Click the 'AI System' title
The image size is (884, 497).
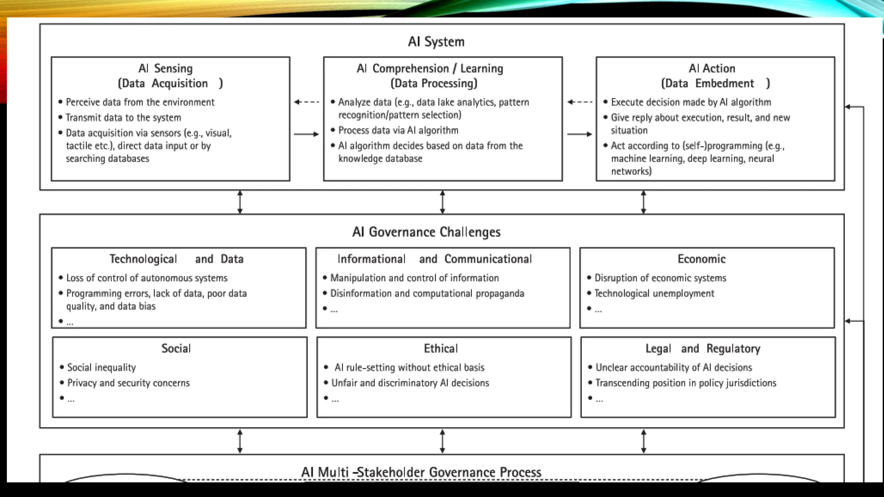[436, 42]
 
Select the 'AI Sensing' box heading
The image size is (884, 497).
[166, 69]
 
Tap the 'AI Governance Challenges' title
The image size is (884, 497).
[426, 232]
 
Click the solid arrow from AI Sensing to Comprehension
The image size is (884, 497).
[306, 134]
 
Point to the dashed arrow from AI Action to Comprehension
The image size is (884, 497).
[579, 102]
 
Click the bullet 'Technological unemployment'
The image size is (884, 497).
[654, 293]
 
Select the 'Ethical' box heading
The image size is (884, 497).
[441, 349]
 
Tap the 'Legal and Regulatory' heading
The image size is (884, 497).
[703, 349]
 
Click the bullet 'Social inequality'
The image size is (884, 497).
[101, 368]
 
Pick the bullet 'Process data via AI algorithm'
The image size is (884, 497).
[398, 130]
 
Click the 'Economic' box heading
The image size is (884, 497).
[701, 259]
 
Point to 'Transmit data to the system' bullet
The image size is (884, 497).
[123, 118]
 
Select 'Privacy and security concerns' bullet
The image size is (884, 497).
[128, 383]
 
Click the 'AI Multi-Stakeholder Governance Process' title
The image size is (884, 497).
[421, 472]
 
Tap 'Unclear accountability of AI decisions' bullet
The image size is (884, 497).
[673, 368]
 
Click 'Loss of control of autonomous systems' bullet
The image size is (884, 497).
[147, 278]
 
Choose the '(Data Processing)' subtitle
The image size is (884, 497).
[434, 83]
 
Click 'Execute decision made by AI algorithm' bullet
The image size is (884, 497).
[691, 102]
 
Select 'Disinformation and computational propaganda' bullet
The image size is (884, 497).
[427, 293]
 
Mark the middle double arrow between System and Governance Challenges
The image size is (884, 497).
[442, 202]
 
